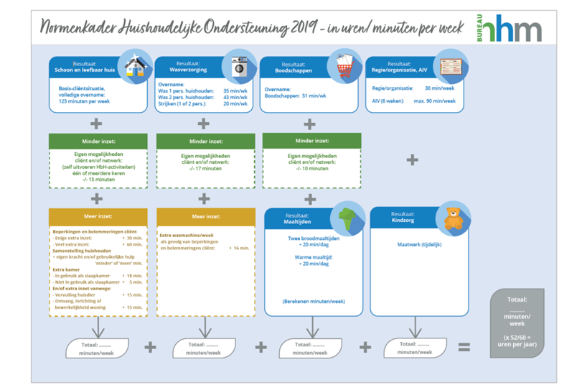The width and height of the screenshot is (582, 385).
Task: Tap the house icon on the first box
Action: (133, 65)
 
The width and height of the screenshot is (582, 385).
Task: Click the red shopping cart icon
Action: (344, 65)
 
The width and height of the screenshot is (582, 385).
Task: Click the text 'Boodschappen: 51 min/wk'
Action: (295, 96)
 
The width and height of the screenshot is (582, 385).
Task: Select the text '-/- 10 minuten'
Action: (309, 170)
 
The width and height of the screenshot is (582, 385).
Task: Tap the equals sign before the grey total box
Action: (464, 347)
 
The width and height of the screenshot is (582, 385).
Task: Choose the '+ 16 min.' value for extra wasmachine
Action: (239, 247)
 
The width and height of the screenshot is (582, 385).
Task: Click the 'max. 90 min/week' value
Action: (435, 101)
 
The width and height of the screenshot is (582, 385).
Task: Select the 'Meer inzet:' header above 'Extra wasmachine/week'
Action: (204, 216)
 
